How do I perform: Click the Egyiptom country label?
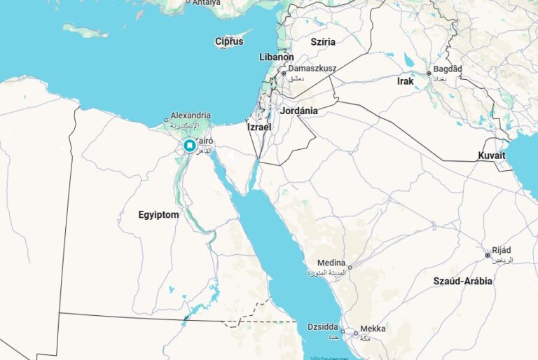click(158, 215)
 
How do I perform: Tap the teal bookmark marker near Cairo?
click(189, 146)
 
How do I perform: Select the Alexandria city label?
click(191, 115)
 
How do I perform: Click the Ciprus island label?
click(229, 41)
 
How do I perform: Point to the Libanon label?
click(276, 57)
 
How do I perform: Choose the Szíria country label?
click(320, 42)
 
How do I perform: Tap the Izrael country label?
click(258, 127)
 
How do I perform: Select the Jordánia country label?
click(299, 111)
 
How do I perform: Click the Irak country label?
click(405, 81)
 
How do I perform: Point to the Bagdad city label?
click(448, 70)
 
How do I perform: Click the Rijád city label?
click(502, 250)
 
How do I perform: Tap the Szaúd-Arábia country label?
click(462, 281)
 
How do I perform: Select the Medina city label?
click(331, 263)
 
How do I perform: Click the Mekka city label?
click(373, 328)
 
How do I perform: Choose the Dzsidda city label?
click(323, 326)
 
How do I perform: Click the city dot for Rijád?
click(488, 255)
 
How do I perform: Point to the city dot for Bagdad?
click(429, 73)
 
